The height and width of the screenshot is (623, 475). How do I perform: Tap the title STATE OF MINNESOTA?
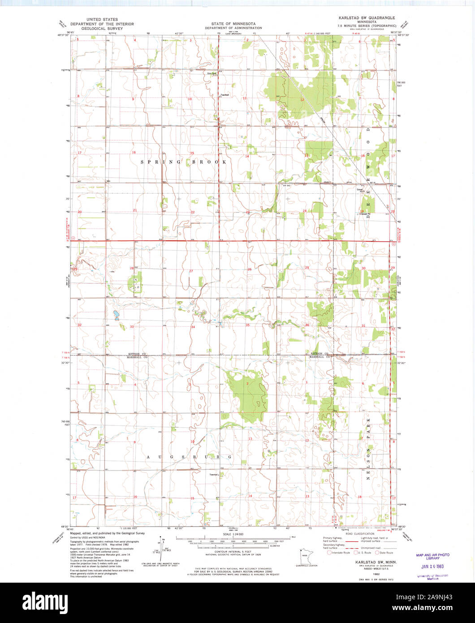click(234, 23)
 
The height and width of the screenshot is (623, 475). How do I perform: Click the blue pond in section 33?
click(116, 315)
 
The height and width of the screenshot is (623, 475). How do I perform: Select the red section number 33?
click(132, 327)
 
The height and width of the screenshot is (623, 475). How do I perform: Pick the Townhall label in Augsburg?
click(214, 475)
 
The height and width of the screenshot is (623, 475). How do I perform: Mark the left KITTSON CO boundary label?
click(137, 354)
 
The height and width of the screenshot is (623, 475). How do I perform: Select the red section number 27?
click(191, 271)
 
